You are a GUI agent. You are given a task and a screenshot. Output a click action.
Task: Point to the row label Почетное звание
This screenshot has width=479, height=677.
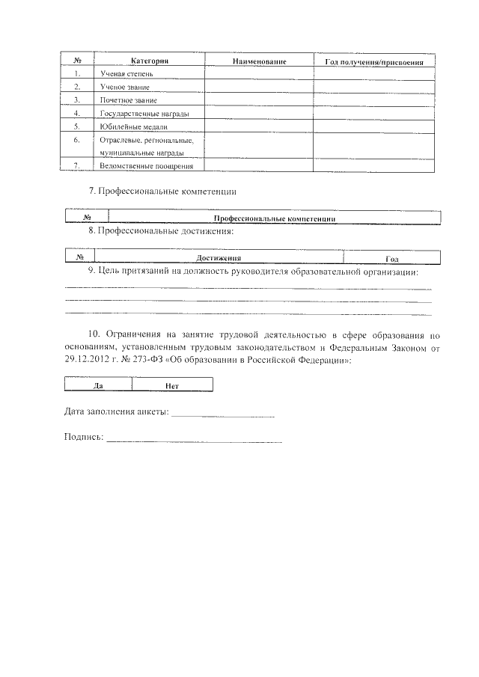127,99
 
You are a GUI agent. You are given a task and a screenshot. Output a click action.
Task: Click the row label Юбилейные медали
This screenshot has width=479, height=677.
129,126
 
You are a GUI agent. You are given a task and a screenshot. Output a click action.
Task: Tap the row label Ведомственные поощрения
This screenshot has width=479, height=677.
141,165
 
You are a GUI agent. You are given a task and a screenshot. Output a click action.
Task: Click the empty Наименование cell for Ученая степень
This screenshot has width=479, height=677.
259,74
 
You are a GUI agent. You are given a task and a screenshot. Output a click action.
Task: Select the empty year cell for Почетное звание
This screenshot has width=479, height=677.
375,99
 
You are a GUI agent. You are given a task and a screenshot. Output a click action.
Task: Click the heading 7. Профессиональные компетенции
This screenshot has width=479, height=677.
162,192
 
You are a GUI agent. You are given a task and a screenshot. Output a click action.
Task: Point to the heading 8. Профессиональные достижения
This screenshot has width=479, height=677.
161,231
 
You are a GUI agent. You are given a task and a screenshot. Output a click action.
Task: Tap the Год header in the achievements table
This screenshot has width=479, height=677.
391,258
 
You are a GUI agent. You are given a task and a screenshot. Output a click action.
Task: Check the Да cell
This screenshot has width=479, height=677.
98,385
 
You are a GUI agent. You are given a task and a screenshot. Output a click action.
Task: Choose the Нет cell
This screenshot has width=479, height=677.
171,385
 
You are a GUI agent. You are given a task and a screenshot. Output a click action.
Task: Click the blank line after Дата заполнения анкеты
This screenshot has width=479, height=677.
223,414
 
